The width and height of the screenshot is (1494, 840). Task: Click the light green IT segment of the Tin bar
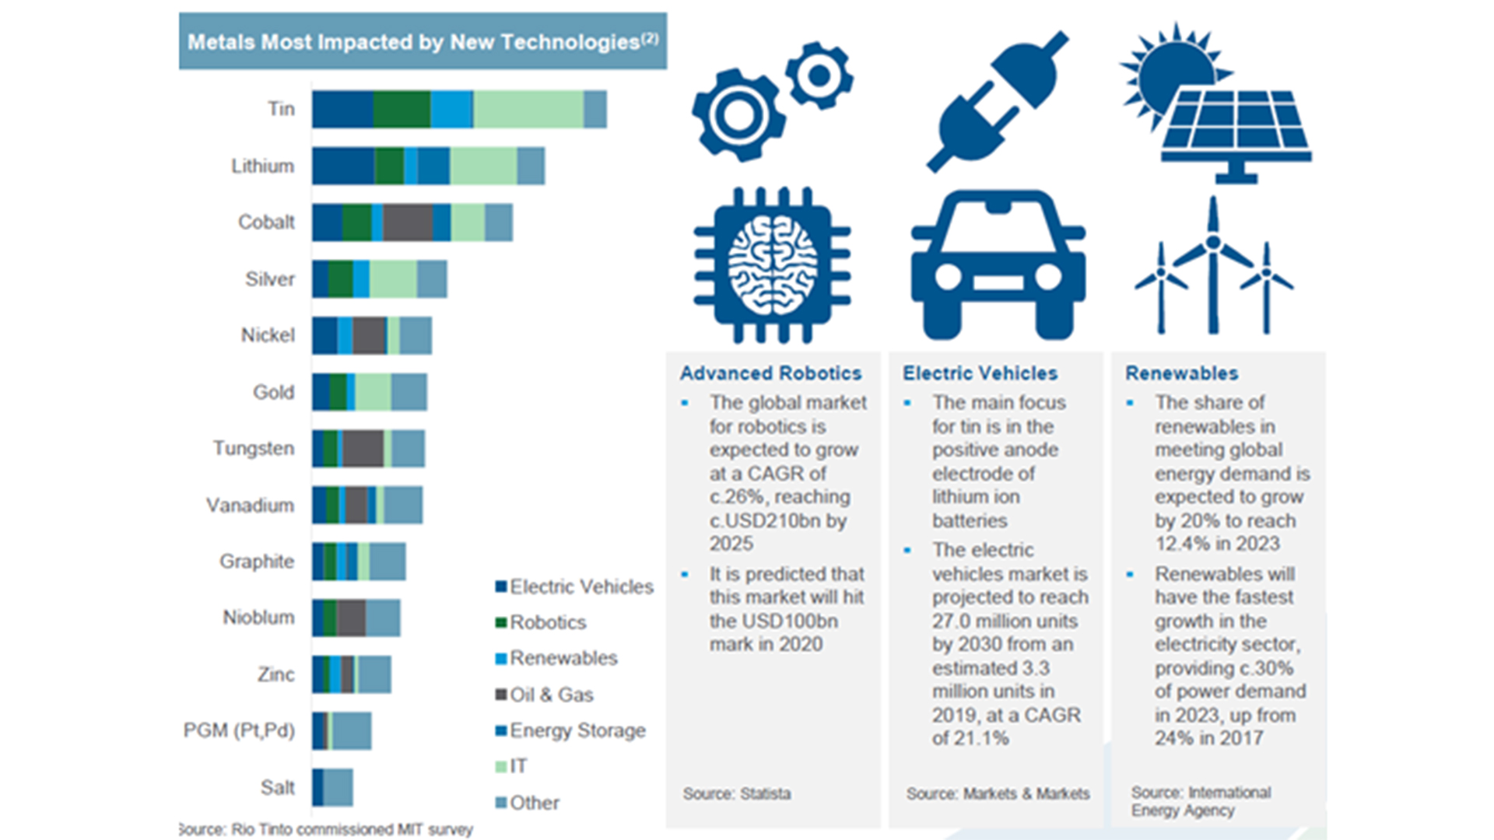528,109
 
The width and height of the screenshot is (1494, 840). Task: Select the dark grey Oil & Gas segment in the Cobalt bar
408,222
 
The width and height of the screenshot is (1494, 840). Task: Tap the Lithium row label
262,166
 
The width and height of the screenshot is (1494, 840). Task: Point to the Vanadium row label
250,506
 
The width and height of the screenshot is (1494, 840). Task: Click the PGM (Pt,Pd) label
239,730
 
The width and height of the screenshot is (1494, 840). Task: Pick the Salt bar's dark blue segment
317,787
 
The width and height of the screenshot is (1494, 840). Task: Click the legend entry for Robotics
548,622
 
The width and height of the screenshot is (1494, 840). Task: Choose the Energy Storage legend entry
577,730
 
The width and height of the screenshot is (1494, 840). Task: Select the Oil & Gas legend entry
551,695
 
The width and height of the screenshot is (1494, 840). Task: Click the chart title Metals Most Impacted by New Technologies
423,42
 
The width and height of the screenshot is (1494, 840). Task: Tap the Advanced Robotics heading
770,373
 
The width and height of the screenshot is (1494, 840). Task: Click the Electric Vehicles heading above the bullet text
980,373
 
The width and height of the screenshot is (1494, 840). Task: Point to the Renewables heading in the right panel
1181,373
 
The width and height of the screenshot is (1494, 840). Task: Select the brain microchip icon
772,264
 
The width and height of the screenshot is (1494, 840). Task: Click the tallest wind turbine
1212,264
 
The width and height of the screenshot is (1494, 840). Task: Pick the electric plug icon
998,101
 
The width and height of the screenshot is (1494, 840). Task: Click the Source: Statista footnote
736,794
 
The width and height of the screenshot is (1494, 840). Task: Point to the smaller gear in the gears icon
819,75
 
